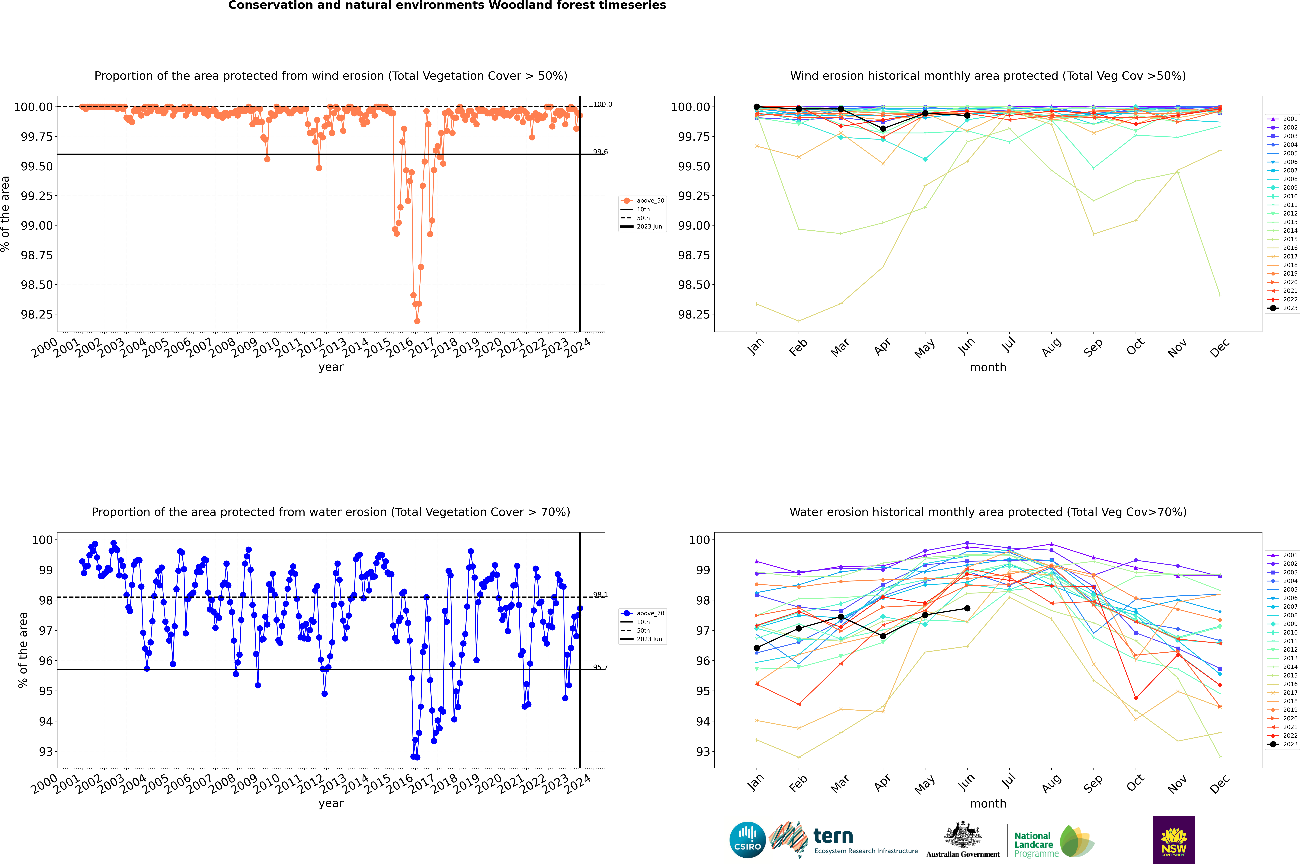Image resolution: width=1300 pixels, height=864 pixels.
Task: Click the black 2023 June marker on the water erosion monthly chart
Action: click(x=967, y=608)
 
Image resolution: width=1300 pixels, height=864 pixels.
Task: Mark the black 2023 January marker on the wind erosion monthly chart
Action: click(x=757, y=107)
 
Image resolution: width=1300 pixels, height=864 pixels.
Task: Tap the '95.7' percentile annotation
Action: click(x=600, y=667)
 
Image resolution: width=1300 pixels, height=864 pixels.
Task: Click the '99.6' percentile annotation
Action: click(x=600, y=152)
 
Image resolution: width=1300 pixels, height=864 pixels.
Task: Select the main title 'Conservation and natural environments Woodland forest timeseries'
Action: click(x=447, y=5)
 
